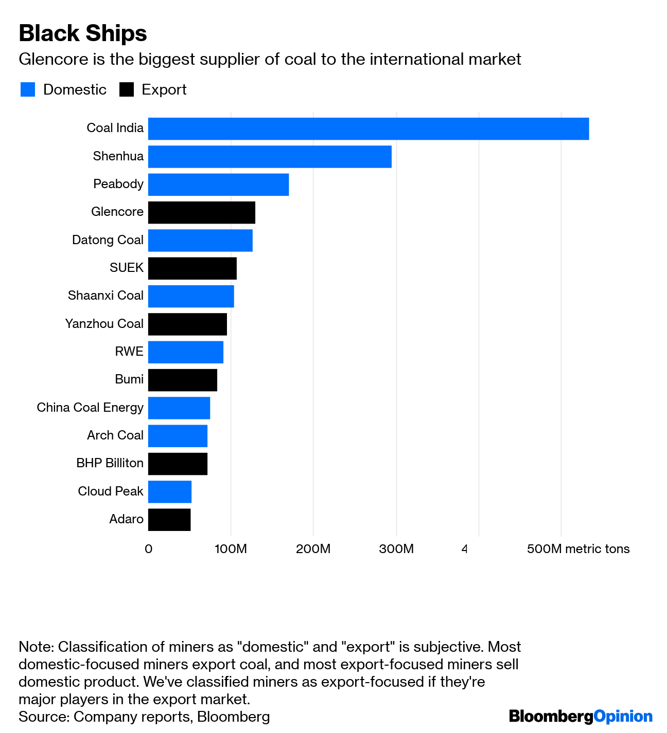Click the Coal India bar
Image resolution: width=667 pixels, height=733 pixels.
(368, 129)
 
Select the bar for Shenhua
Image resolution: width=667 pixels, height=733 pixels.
(270, 156)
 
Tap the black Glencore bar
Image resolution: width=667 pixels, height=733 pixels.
(201, 212)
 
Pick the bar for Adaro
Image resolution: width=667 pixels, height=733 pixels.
(169, 520)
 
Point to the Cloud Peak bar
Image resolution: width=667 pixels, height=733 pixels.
(170, 491)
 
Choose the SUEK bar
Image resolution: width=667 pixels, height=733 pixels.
(192, 268)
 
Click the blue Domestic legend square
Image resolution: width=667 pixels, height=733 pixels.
(28, 89)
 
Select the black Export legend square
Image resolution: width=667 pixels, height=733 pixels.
(127, 89)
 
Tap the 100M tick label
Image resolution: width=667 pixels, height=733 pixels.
(231, 549)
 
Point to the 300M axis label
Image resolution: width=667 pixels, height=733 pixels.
(396, 549)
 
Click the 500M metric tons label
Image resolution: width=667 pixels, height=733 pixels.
(578, 549)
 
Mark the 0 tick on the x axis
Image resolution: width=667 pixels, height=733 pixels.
(148, 549)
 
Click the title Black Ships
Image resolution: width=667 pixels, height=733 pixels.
(83, 33)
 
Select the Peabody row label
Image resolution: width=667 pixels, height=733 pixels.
(118, 184)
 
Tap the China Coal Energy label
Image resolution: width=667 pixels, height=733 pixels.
(90, 408)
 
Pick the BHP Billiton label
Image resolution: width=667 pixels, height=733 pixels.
(110, 463)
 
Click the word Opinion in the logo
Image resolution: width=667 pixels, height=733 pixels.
(623, 716)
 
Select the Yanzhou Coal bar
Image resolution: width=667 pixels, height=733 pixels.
(187, 324)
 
